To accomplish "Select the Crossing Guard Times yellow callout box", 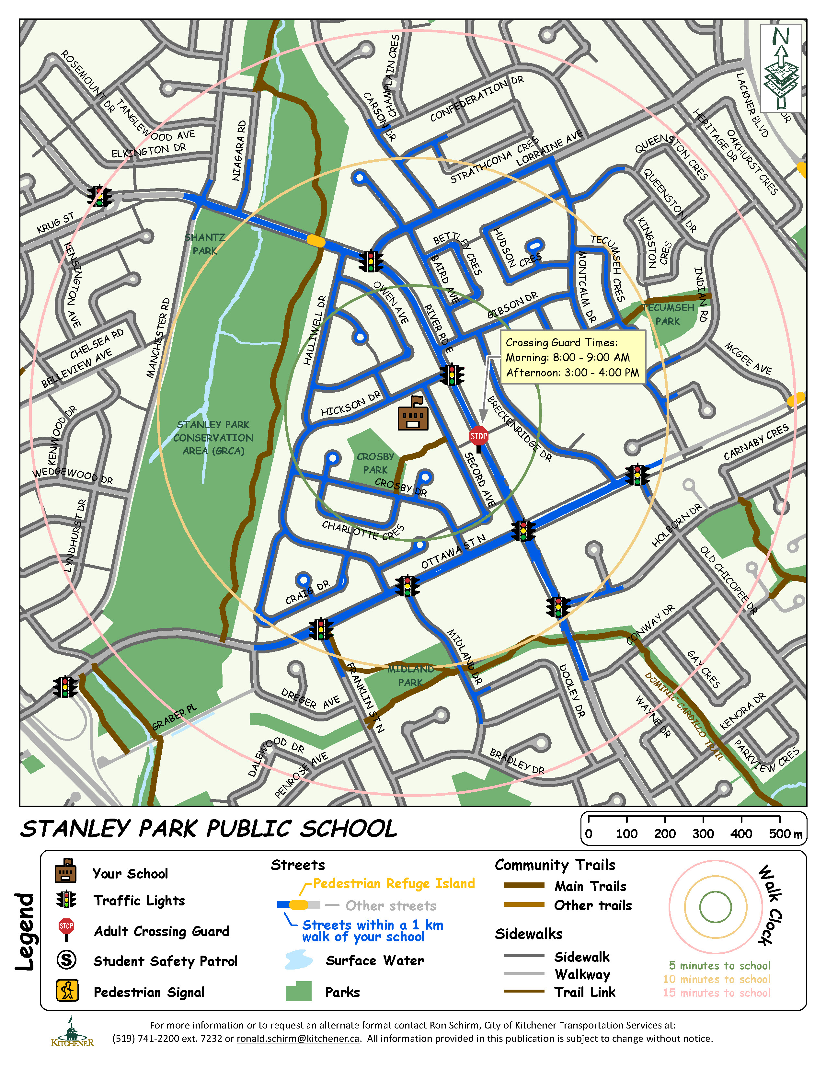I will click(572, 357).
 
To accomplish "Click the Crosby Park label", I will click(375, 463).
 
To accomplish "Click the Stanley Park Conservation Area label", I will click(213, 438).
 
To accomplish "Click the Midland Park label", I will click(410, 675).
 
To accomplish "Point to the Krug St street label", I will click(55, 223).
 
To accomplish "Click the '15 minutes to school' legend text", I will click(717, 993).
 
